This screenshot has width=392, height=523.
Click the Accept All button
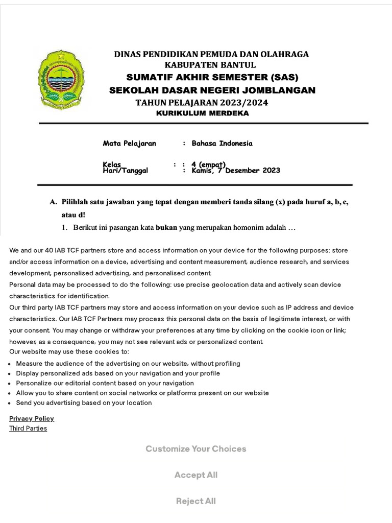[x=195, y=475]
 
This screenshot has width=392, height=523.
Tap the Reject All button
[x=195, y=501]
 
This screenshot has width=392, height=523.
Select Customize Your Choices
[x=195, y=449]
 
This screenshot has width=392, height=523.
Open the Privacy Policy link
[x=31, y=418]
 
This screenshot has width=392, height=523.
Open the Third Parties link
[x=28, y=429]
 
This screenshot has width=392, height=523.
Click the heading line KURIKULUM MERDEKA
[x=202, y=113]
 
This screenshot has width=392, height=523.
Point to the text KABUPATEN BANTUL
[x=210, y=65]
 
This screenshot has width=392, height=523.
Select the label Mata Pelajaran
[x=130, y=144]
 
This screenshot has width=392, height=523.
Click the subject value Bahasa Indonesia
[x=222, y=144]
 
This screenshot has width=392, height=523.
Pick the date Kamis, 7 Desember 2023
[x=236, y=171]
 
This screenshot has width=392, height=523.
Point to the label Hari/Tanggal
[x=126, y=171]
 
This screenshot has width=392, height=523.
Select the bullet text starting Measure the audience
[x=128, y=364]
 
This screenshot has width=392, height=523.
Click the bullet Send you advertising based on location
[x=84, y=402]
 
